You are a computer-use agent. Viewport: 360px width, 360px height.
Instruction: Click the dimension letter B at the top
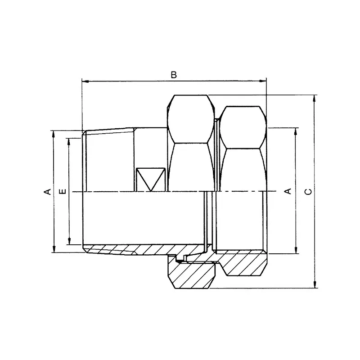pyautogui.click(x=174, y=75)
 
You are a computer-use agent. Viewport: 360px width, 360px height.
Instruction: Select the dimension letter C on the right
pyautogui.click(x=308, y=192)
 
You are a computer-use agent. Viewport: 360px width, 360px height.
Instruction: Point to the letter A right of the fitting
pyautogui.click(x=288, y=192)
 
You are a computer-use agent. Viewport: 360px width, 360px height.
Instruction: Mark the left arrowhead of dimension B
pyautogui.click(x=84, y=81)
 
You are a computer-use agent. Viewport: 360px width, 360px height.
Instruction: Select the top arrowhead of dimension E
pyautogui.click(x=69, y=141)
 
